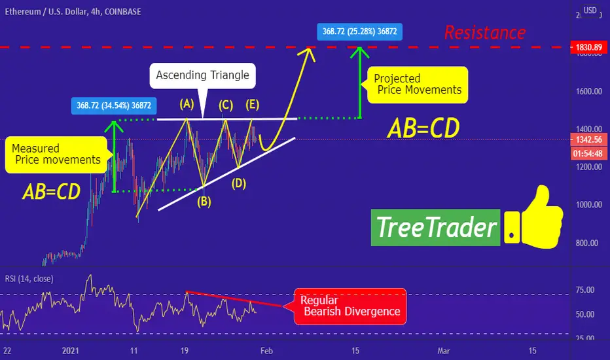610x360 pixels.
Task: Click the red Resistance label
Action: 485,32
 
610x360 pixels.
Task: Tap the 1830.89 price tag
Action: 588,48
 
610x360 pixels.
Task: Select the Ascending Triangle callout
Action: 203,76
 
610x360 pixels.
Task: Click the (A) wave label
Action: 187,104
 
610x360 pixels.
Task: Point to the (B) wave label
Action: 204,201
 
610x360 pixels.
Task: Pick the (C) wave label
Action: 226,105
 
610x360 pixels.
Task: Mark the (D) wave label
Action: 239,183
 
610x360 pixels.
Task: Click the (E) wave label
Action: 252,104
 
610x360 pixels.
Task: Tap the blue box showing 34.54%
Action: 114,105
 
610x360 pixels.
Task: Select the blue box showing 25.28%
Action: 360,31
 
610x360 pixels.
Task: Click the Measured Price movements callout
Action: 56,154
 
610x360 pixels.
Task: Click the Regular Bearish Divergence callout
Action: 350,306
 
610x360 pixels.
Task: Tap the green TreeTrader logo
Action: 436,228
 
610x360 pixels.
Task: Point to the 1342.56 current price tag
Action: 588,139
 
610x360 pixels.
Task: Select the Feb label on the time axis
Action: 266,351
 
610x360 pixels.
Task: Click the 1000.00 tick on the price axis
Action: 588,205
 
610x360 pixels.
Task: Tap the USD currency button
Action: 590,10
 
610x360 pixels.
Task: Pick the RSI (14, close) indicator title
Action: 29,279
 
